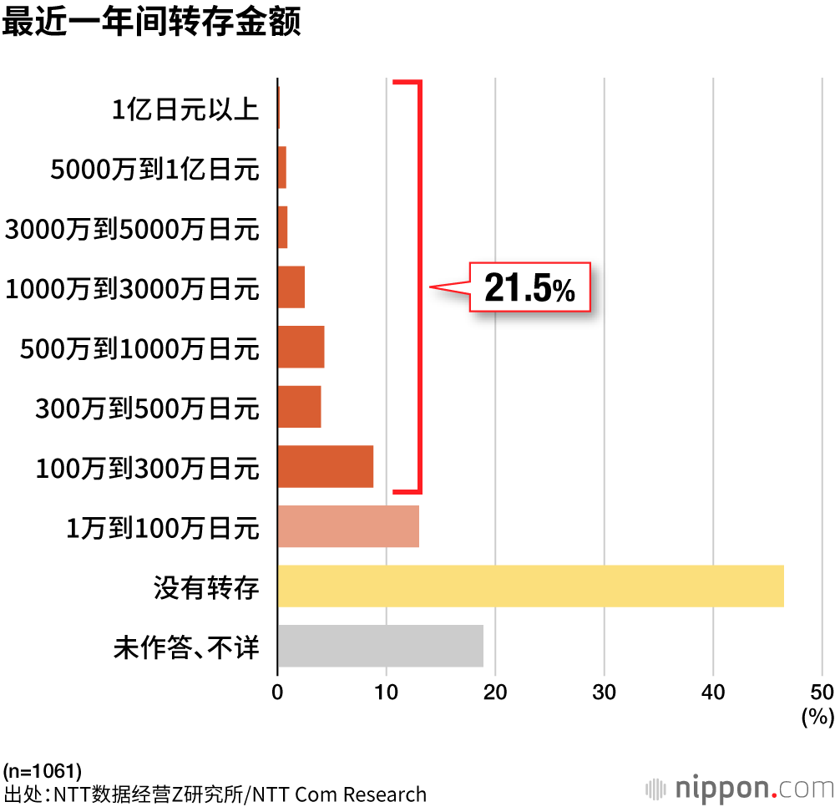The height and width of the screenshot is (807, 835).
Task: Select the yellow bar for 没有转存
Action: pos(530,586)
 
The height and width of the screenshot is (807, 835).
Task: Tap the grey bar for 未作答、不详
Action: pos(380,646)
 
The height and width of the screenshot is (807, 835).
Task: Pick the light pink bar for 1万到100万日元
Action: pos(348,526)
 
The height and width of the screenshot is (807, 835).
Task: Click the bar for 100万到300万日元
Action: pos(326,466)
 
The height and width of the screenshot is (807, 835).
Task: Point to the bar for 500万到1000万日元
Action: pos(301,348)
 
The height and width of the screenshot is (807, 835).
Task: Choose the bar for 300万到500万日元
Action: pos(299,407)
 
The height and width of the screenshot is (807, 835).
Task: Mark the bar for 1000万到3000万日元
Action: pos(291,287)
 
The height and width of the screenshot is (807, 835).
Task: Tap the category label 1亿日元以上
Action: pos(185,109)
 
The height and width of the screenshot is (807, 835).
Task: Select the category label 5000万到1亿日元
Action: pos(155,170)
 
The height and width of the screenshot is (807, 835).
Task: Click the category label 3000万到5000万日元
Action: pos(133,229)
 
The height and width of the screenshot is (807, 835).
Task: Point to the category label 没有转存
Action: pos(206,587)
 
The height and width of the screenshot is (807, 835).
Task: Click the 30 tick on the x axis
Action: pos(604,692)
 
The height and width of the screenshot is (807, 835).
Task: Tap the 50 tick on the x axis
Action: pos(822,692)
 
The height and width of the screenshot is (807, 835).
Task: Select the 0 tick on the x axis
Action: pos(277,692)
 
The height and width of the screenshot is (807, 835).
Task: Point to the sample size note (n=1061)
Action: pos(43,769)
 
